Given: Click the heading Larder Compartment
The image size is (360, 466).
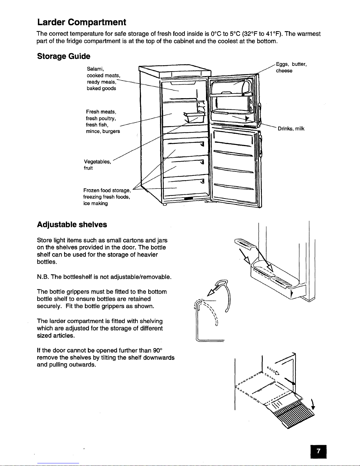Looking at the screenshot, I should (82, 22).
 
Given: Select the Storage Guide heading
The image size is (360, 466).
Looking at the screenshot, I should (64, 56).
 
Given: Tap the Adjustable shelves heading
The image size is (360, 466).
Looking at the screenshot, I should (72, 225).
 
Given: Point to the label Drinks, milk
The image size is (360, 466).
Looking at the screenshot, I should (291, 128).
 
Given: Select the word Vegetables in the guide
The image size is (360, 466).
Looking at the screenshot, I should (97, 161).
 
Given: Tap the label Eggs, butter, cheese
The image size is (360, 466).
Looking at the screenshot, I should (291, 68).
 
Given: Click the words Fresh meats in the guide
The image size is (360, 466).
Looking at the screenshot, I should (101, 112).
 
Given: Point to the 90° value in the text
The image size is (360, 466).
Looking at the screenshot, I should (158, 350).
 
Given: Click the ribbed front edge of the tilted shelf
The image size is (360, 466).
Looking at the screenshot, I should (294, 413).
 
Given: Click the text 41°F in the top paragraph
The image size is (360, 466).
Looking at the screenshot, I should (273, 34).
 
